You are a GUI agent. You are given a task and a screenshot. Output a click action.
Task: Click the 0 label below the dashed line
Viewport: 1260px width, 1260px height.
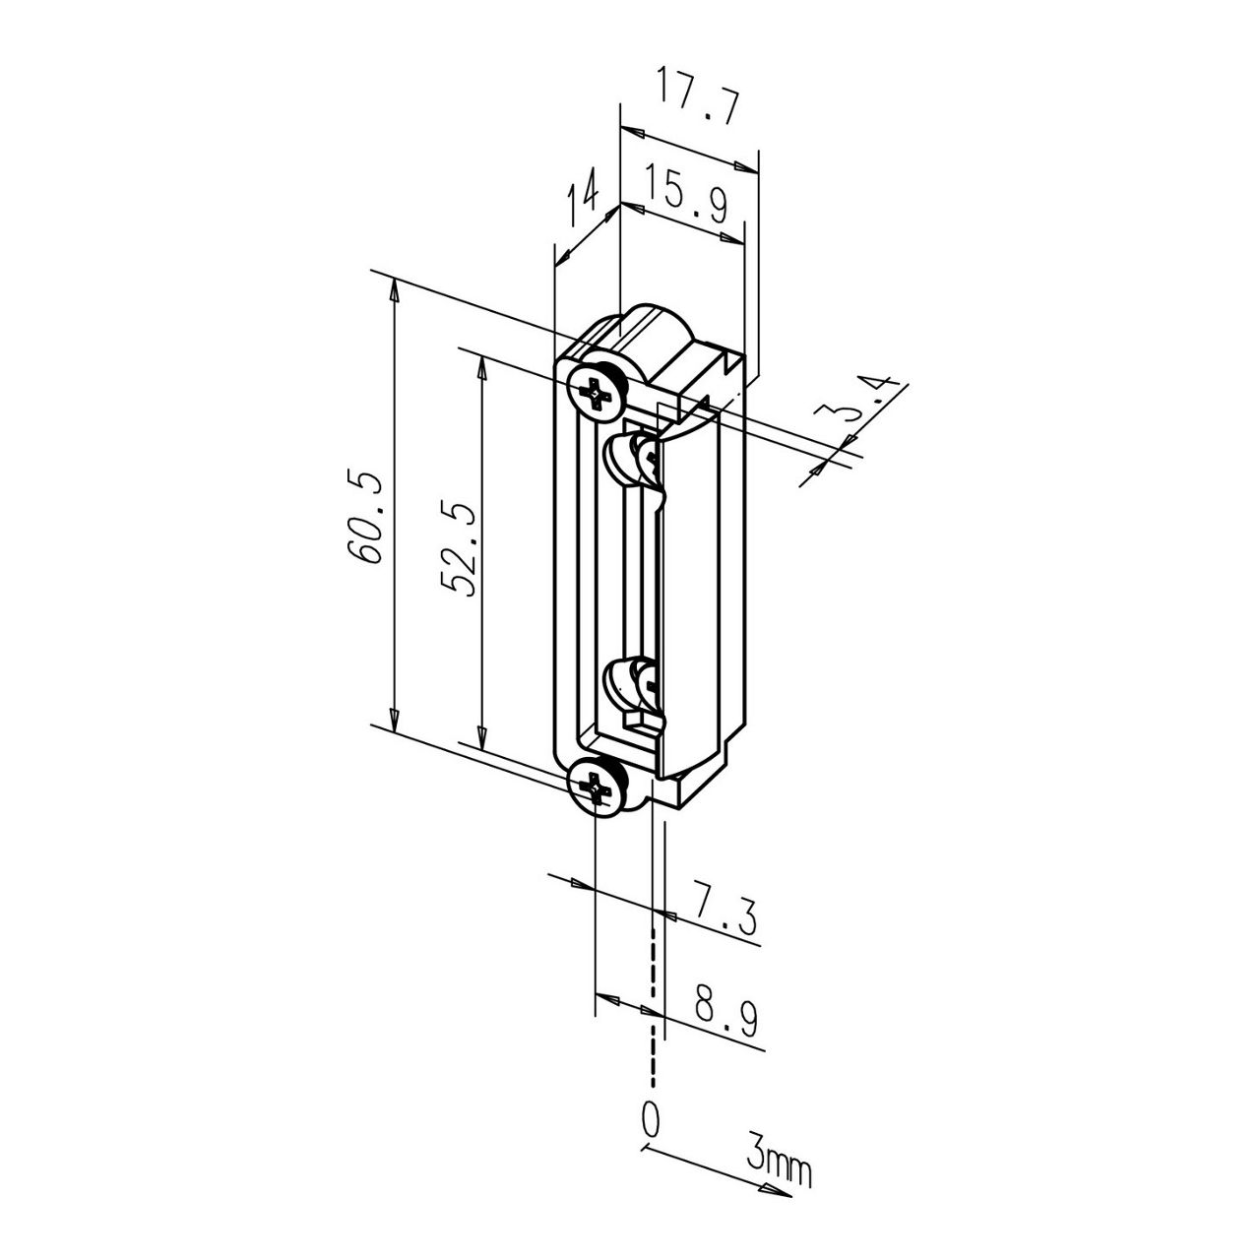(x=650, y=1119)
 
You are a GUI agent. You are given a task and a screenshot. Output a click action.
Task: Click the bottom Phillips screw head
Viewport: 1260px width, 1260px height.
(x=597, y=787)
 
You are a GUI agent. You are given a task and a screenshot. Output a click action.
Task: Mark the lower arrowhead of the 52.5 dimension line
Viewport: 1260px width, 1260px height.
(x=481, y=737)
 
